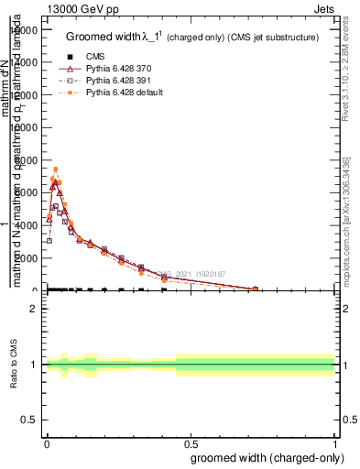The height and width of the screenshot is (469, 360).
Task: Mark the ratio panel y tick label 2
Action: (34, 309)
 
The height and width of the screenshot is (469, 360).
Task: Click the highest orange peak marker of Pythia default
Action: (55, 169)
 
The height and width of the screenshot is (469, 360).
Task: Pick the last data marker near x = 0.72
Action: (256, 289)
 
